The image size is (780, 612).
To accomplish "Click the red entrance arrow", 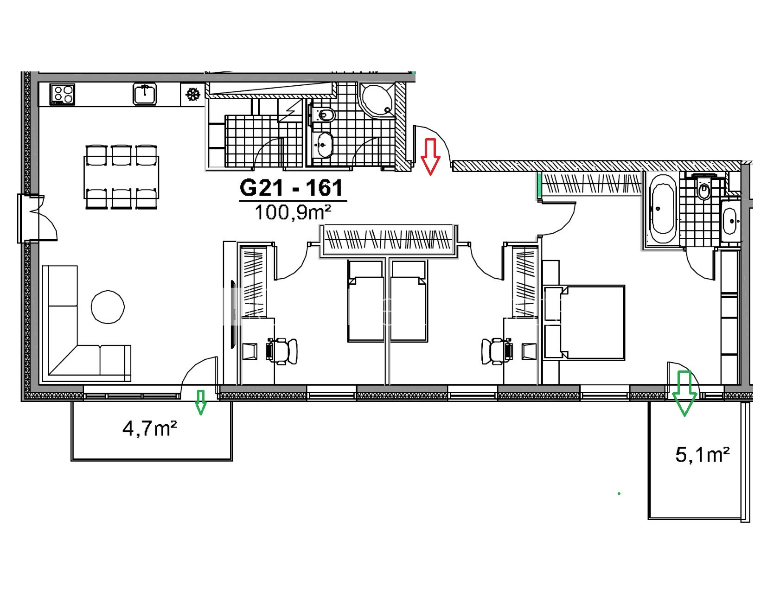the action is point(430,157).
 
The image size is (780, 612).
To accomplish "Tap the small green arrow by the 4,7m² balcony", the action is point(200,402).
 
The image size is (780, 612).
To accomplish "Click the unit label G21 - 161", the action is point(292,188).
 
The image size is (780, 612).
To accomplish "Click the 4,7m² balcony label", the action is point(150,428).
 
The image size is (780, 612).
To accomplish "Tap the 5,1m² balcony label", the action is point(703,455).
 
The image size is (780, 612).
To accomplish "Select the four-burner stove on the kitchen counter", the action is point(62,94).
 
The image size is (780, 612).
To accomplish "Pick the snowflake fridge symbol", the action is point(192,95).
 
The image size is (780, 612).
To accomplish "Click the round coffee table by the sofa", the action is point(108,306).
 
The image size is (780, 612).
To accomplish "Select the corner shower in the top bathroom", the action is point(377,100).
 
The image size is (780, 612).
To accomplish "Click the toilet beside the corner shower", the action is point(325,115).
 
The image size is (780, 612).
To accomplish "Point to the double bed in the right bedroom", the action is point(584,322).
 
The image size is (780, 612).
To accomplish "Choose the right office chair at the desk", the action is point(497,351).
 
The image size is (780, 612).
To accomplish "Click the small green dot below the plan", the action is point(619,494).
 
